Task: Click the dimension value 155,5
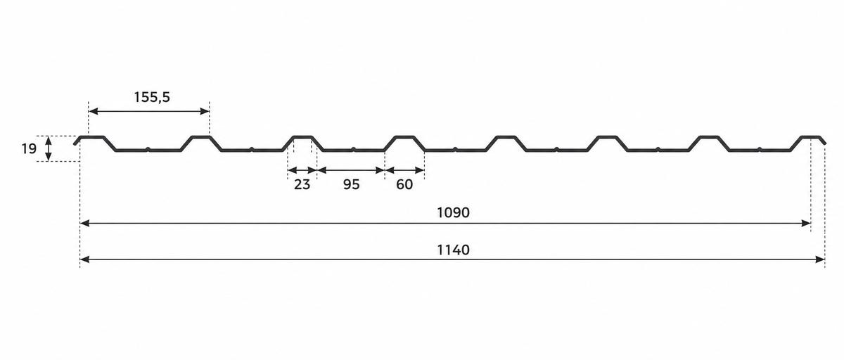pyautogui.click(x=152, y=97)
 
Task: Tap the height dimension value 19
pyautogui.click(x=29, y=149)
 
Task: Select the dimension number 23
pyautogui.click(x=302, y=184)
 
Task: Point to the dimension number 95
pyautogui.click(x=351, y=184)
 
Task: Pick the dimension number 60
pyautogui.click(x=404, y=184)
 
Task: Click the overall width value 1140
pyautogui.click(x=453, y=250)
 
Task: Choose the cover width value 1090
pyautogui.click(x=453, y=213)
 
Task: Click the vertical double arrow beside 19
pyautogui.click(x=49, y=148)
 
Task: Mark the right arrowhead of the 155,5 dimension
pyautogui.click(x=205, y=111)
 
